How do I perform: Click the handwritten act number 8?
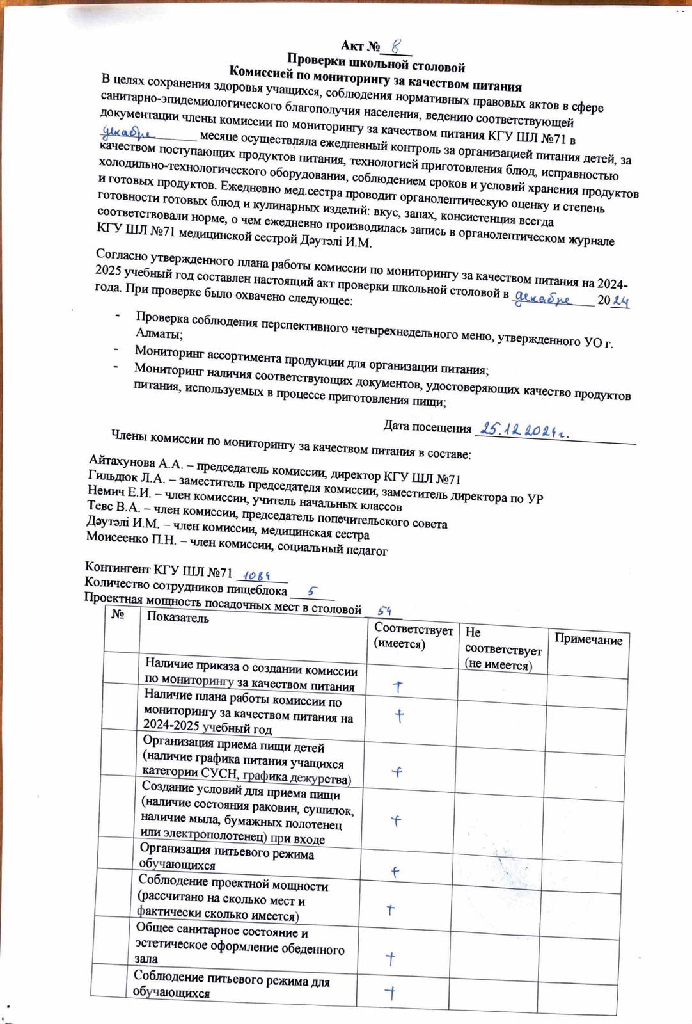(x=397, y=46)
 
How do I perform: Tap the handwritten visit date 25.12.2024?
(x=524, y=430)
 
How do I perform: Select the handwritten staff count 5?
(x=311, y=591)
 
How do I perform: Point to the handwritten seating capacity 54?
(x=384, y=611)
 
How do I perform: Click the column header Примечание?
(x=588, y=640)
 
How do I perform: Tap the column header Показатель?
(x=178, y=618)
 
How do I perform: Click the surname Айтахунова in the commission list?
(x=122, y=461)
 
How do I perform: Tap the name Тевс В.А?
(x=113, y=507)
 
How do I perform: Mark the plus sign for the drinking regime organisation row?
(x=396, y=872)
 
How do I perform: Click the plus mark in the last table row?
(x=390, y=993)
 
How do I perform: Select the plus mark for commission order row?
(x=398, y=687)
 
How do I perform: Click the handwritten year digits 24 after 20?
(x=620, y=301)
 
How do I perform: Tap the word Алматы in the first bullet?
(x=159, y=333)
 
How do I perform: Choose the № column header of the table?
(x=118, y=614)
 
